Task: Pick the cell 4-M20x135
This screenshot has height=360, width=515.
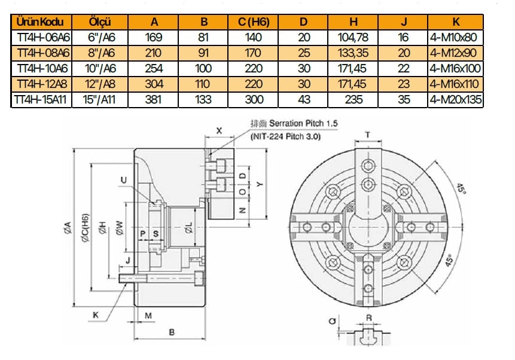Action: coord(456,99)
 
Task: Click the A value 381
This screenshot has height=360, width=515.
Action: coord(154,99)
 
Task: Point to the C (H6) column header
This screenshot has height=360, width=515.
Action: coord(254,23)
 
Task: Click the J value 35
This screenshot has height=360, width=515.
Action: coord(404,99)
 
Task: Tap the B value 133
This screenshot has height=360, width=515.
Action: coord(204,99)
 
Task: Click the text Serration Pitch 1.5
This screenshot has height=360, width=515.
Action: coord(303,123)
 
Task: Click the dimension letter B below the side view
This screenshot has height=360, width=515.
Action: coord(171,331)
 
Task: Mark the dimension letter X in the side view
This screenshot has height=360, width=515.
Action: coord(219,130)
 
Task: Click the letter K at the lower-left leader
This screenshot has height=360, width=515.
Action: coord(96,315)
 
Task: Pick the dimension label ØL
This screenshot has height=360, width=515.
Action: coord(188,227)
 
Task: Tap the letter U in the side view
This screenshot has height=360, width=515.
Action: coord(123,180)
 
